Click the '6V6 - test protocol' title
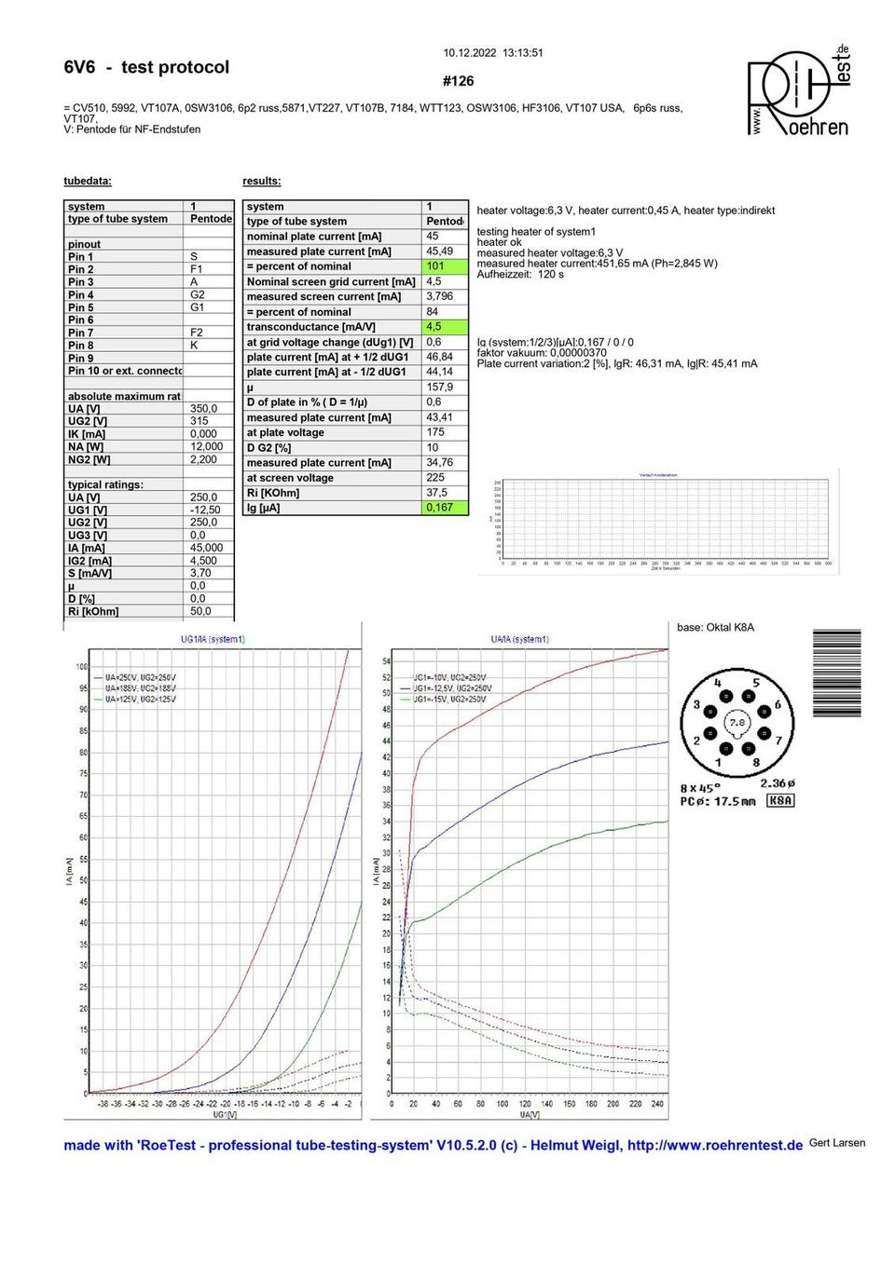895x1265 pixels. point(146,67)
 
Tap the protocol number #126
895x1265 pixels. point(459,81)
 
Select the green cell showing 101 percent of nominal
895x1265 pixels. point(446,266)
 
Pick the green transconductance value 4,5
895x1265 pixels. point(446,327)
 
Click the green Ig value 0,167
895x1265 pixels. point(446,508)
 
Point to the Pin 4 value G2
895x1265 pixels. point(198,294)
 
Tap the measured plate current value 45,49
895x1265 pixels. point(440,252)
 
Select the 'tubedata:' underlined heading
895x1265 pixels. point(88,181)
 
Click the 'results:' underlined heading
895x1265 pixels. point(262,181)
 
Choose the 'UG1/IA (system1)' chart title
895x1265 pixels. point(213,639)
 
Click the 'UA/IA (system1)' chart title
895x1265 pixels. point(519,639)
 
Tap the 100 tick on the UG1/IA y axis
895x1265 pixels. point(82,667)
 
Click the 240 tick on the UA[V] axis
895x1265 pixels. point(657,1104)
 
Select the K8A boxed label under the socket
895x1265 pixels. point(780,800)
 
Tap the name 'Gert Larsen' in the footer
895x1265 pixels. point(837,1143)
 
